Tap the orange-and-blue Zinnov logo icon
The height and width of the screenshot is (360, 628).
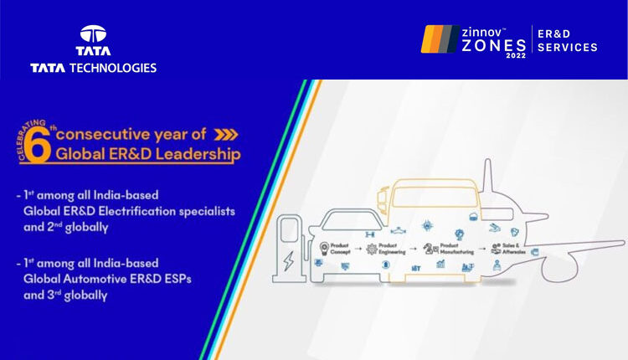coord(440,39)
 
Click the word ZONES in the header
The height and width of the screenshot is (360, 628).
coord(495,46)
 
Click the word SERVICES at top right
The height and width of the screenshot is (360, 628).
coord(568,48)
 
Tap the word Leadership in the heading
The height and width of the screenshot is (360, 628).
coord(195,154)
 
